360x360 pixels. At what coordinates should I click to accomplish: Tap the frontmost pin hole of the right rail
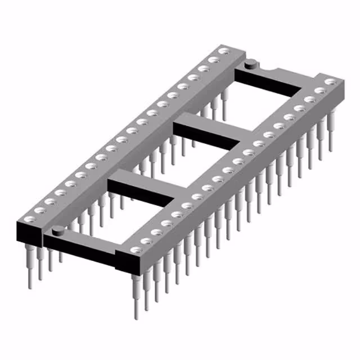tap(135, 249)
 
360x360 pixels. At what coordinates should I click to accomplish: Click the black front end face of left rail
tap(29, 231)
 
